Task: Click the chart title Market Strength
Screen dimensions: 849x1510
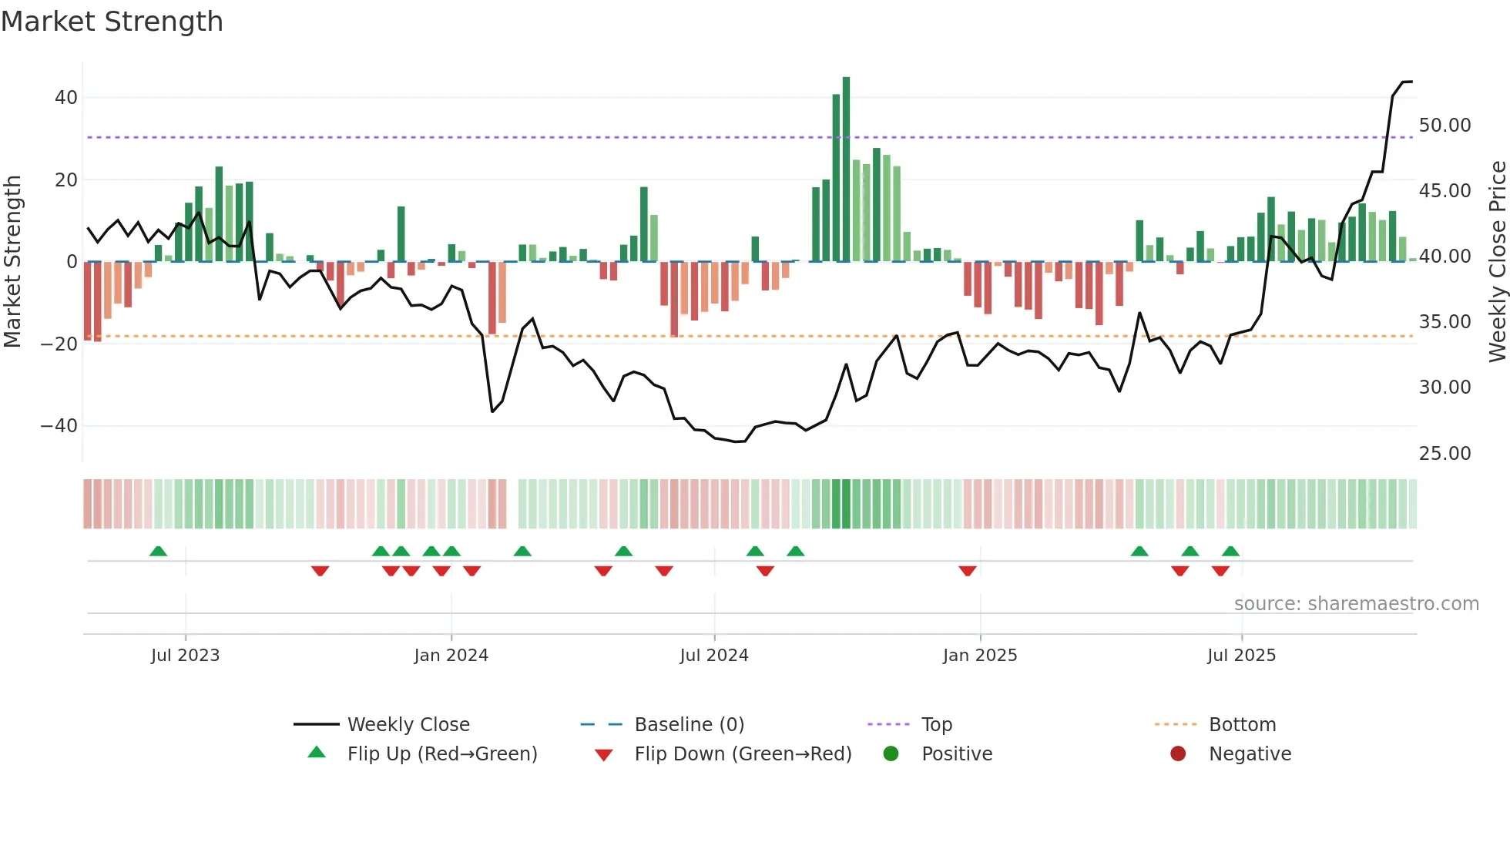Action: (112, 22)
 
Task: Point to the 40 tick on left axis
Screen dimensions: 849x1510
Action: (66, 98)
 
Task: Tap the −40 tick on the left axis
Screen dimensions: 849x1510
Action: (59, 426)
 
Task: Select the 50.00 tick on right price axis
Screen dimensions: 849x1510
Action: (1445, 126)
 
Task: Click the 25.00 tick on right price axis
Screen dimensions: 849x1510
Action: (1445, 454)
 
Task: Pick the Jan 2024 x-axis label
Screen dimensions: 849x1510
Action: (451, 656)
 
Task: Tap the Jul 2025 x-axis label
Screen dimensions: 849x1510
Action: (1241, 656)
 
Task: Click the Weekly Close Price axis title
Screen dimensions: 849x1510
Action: (1497, 262)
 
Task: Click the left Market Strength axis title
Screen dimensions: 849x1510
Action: (12, 262)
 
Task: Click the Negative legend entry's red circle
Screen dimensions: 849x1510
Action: (1178, 754)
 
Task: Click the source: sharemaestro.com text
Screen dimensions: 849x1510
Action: (1356, 604)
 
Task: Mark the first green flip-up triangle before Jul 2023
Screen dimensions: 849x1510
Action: (158, 552)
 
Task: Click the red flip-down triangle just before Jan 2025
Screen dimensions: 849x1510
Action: (968, 571)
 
